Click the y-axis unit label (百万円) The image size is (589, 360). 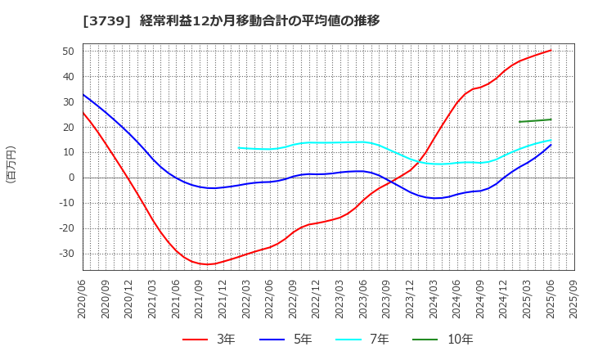(11, 164)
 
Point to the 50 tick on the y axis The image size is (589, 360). (68, 51)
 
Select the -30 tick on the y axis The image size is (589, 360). (65, 254)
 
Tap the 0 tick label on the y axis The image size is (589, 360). (71, 178)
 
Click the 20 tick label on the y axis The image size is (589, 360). (68, 127)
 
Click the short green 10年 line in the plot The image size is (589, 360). (535, 121)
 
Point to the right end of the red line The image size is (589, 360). (551, 51)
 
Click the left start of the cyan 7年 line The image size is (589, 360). (239, 148)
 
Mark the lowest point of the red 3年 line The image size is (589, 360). (208, 264)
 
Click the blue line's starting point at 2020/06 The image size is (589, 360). (83, 95)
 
